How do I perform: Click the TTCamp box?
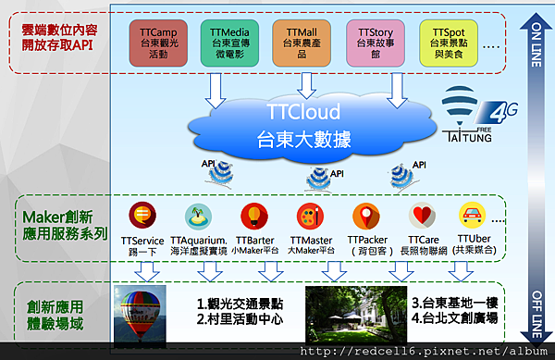click(x=160, y=43)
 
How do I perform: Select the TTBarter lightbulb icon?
click(x=251, y=217)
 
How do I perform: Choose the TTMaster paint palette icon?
click(x=309, y=217)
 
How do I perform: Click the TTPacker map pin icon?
click(x=366, y=217)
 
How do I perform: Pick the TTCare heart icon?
click(x=422, y=217)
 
